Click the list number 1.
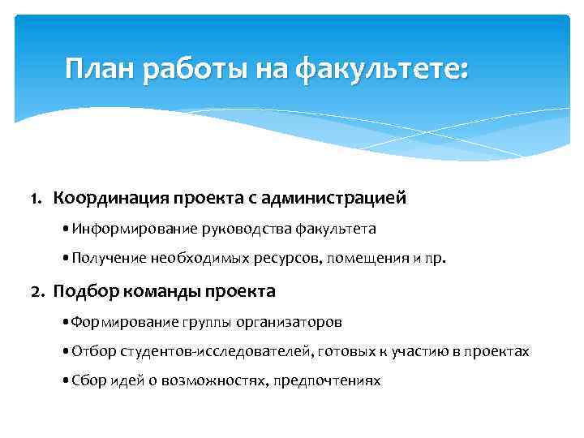click(x=36, y=197)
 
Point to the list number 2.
click(x=36, y=290)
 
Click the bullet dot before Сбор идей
click(x=65, y=380)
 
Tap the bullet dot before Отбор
click(x=65, y=351)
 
